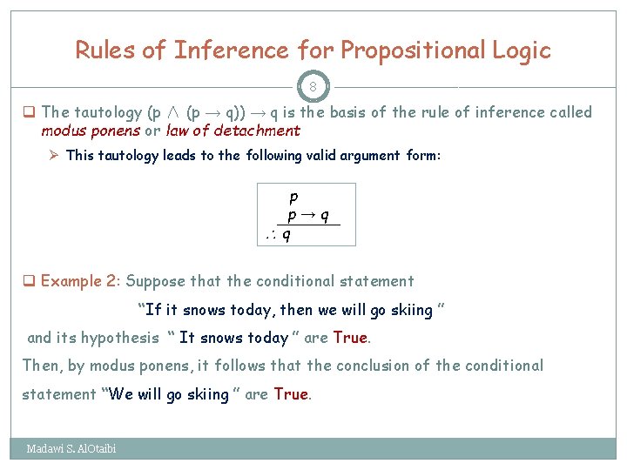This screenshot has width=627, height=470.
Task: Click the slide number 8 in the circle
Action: click(x=313, y=87)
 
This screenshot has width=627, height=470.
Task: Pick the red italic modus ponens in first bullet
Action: click(x=91, y=131)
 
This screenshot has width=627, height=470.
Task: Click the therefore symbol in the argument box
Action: click(x=272, y=234)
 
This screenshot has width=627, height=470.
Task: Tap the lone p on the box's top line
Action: click(x=293, y=198)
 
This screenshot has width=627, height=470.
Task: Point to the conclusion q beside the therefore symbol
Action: click(x=287, y=234)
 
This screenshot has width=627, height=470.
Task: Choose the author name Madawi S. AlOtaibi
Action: click(x=71, y=449)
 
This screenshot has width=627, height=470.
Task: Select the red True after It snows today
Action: click(x=350, y=338)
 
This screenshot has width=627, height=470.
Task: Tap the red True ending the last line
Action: click(x=291, y=394)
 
